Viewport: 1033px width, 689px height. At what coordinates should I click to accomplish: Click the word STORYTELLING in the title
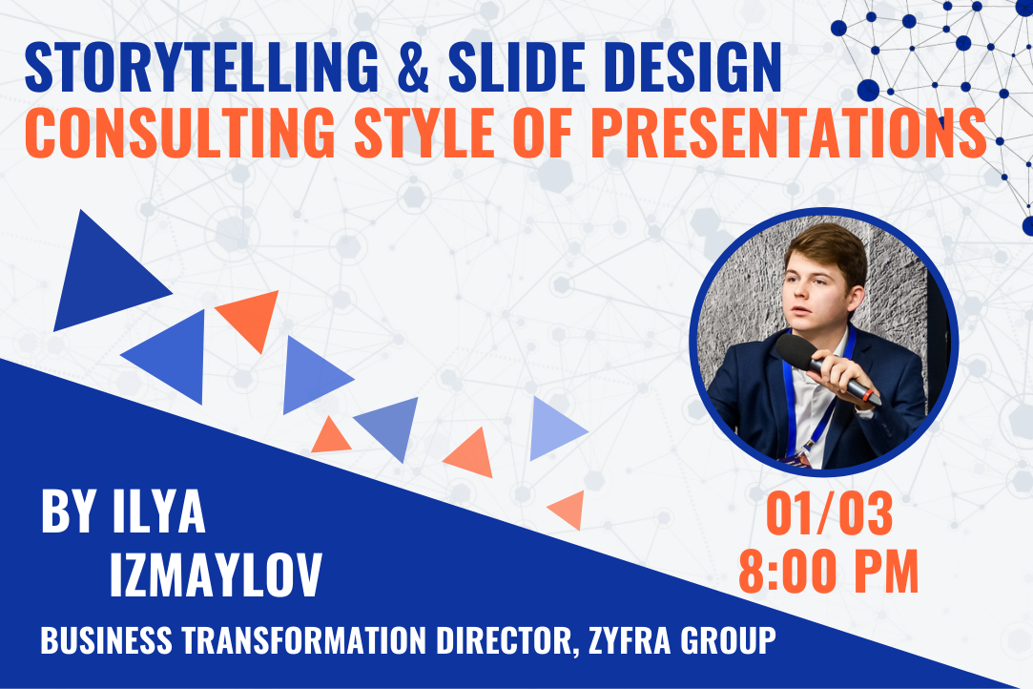coord(201,67)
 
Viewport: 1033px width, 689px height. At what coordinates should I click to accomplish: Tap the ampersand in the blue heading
coord(414,67)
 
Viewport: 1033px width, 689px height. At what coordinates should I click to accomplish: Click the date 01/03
coord(829,513)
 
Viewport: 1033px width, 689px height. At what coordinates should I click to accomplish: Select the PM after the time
coord(886,572)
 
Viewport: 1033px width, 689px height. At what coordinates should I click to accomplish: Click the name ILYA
coord(158,512)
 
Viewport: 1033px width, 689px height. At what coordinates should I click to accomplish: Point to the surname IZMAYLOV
coord(216,574)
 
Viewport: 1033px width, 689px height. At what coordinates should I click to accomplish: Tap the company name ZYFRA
coord(630,640)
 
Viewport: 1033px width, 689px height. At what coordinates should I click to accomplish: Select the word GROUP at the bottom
coord(729,640)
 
